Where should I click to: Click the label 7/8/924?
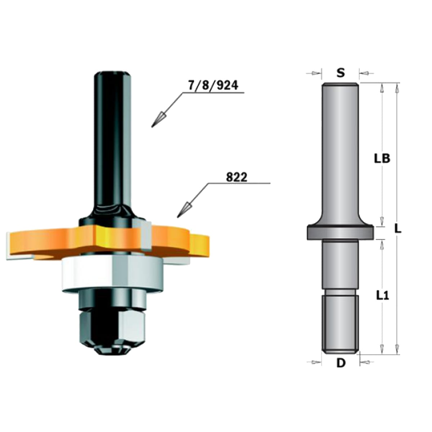pyautogui.click(x=213, y=85)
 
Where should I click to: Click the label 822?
pyautogui.click(x=237, y=177)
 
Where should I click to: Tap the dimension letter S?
pyautogui.click(x=341, y=73)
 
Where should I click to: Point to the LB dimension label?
pyautogui.click(x=382, y=159)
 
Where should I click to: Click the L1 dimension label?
pyautogui.click(x=382, y=296)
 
